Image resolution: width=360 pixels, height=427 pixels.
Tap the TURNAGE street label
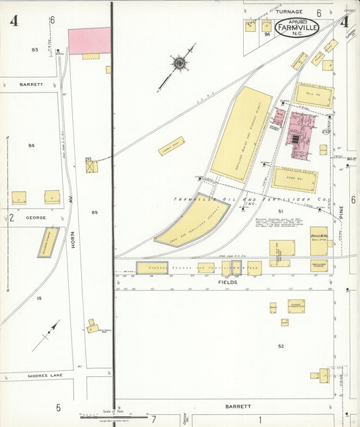288,12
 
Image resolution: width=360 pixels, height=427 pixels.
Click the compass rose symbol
179,64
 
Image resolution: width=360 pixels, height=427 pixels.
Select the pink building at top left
89,41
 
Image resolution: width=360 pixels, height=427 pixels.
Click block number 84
31,145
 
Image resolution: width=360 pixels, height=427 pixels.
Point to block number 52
280,346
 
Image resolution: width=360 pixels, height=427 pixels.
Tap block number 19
39,298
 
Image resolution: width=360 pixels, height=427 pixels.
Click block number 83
34,50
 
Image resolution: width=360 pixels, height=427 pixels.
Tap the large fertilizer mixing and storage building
242,134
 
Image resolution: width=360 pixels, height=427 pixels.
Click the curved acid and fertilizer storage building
192,220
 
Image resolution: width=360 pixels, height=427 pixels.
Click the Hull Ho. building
313,95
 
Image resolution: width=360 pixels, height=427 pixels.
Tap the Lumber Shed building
172,146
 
